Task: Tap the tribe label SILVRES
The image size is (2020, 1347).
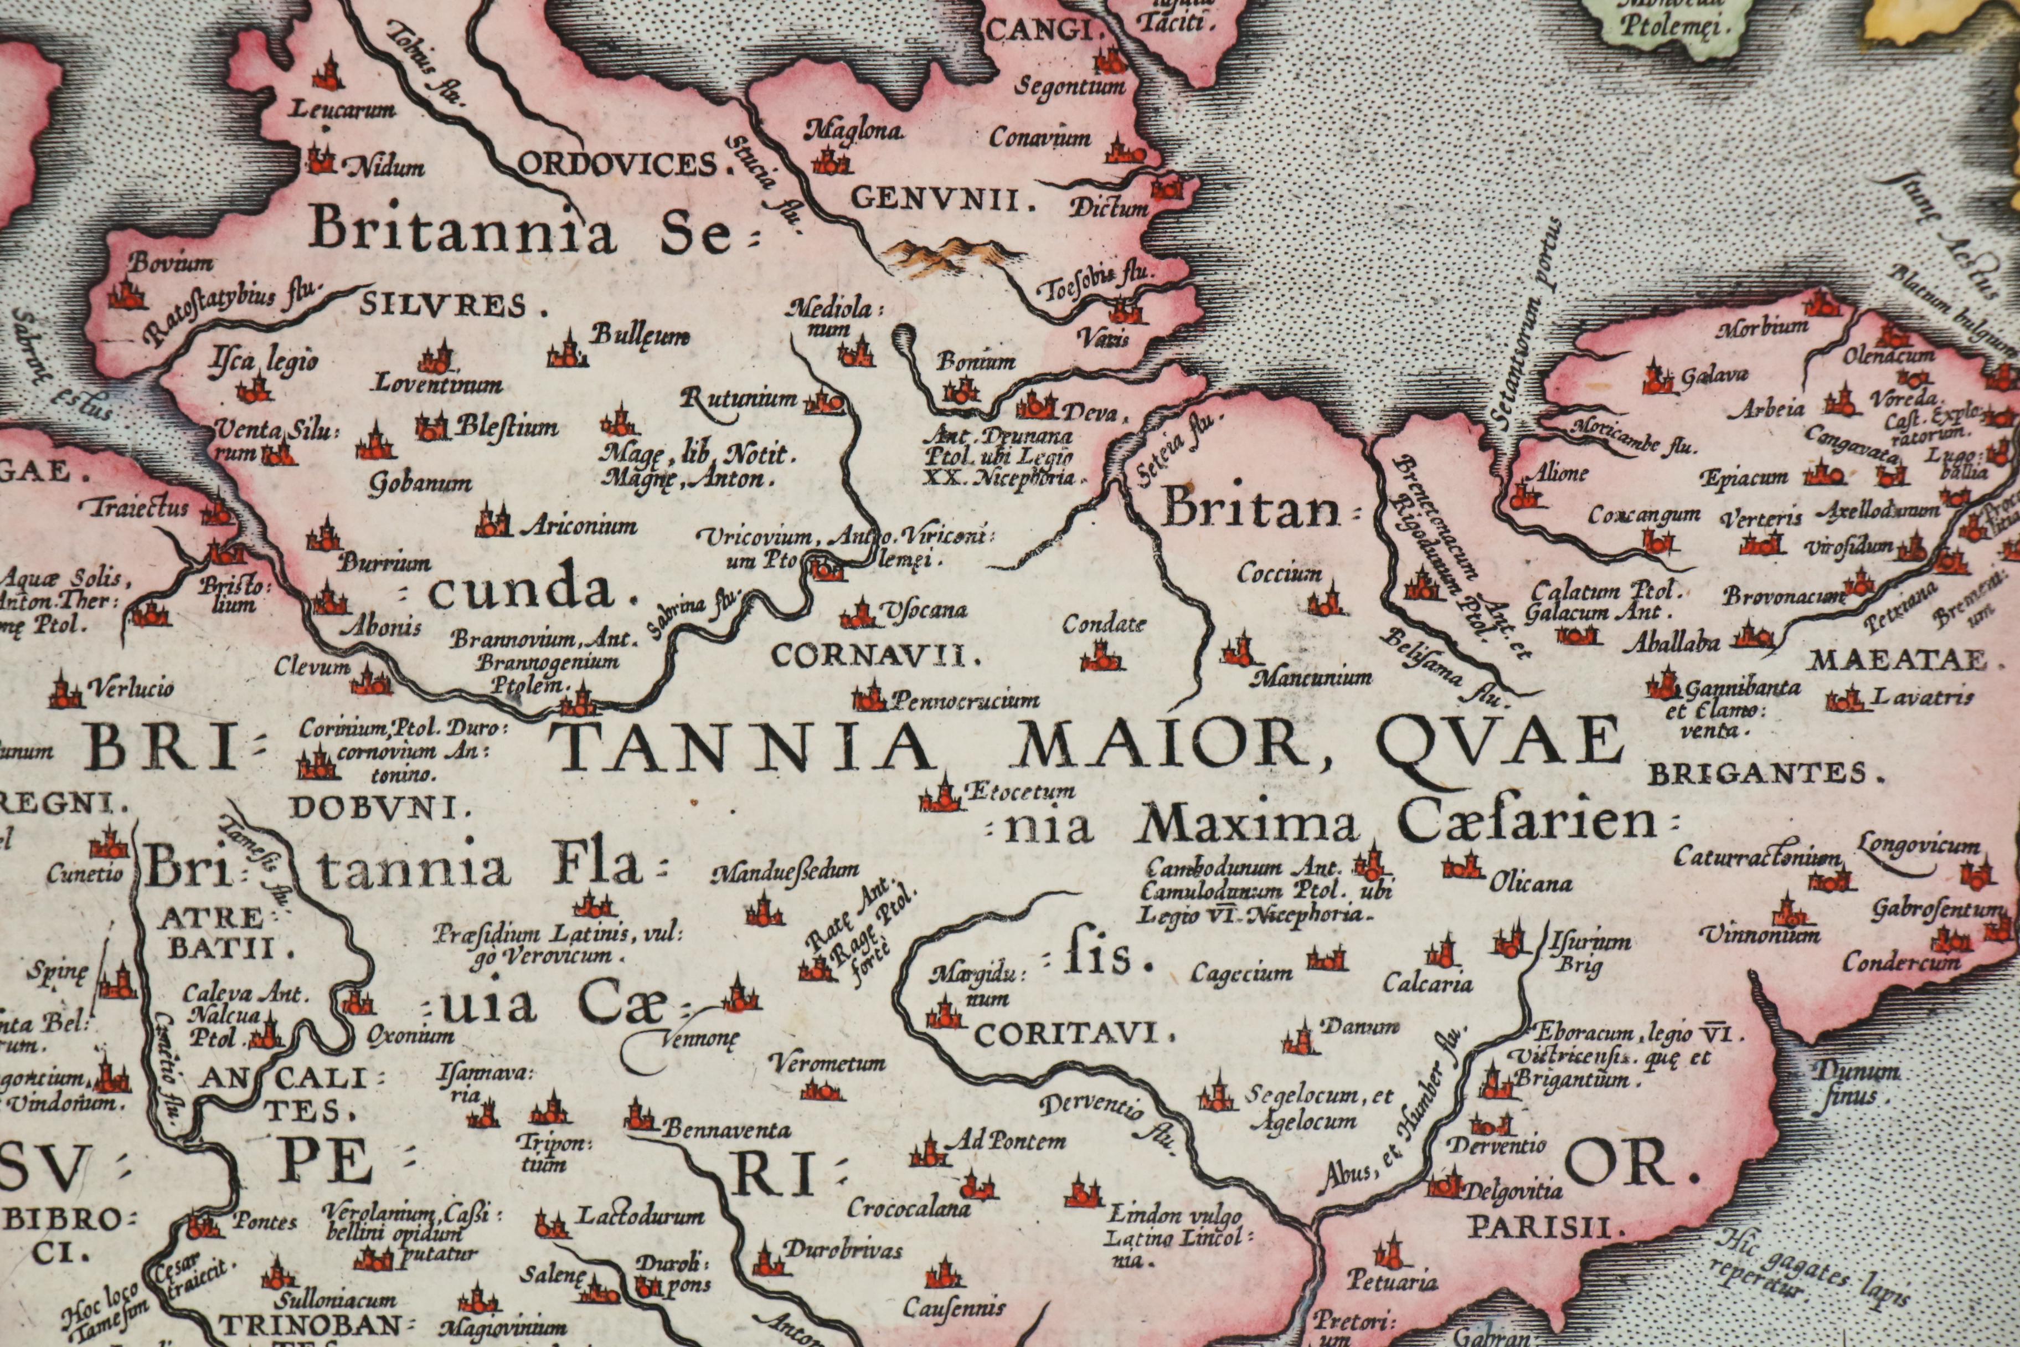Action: pyautogui.click(x=454, y=305)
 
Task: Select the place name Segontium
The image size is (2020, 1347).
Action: pyautogui.click(x=1070, y=87)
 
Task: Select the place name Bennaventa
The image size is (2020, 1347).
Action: pyautogui.click(x=726, y=1130)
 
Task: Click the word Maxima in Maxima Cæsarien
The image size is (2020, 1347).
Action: pyautogui.click(x=1246, y=826)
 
